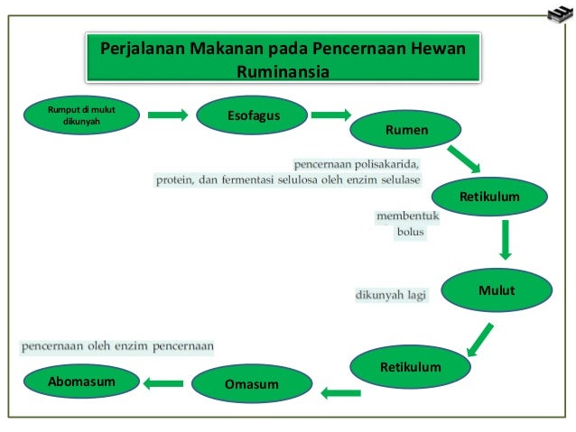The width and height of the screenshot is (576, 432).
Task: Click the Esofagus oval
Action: click(x=253, y=116)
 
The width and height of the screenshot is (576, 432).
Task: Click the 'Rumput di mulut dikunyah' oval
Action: click(x=81, y=116)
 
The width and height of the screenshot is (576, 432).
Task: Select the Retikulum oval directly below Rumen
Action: click(x=490, y=195)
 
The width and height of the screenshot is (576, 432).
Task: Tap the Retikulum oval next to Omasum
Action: click(x=410, y=367)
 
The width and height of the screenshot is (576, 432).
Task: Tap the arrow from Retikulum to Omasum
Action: click(x=341, y=391)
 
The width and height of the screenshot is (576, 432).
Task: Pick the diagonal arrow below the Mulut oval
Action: click(x=478, y=339)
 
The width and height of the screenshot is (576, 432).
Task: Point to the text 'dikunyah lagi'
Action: click(x=390, y=293)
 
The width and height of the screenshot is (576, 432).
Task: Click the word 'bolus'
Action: click(x=410, y=232)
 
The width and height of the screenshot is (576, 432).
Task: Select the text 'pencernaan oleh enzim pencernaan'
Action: click(x=117, y=345)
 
